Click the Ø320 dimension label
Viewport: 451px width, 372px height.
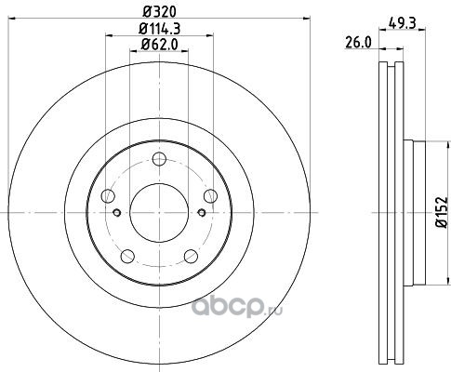[x=159, y=12]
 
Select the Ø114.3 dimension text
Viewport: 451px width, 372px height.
[x=159, y=29]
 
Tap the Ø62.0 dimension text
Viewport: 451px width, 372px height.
[x=159, y=45]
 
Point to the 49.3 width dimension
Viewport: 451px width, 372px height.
[x=402, y=23]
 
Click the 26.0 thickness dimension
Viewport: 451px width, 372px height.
[x=358, y=43]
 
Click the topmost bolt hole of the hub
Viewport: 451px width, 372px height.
[x=159, y=159]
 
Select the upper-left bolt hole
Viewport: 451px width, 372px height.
[x=108, y=196]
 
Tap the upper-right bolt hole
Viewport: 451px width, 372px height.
[x=210, y=196]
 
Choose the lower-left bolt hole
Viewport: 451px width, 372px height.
[x=127, y=257]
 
